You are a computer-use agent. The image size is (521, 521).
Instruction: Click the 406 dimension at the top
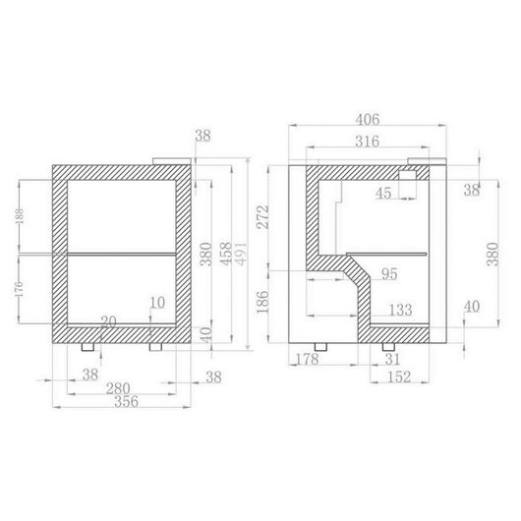368,120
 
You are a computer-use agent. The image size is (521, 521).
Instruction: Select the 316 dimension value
368,142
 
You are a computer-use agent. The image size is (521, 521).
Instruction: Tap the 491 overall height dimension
242,254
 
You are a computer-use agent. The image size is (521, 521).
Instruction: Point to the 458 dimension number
227,254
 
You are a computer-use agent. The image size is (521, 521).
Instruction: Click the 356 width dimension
126,402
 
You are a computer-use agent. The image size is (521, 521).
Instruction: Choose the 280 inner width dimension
118,388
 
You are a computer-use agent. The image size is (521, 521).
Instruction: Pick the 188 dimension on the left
20,216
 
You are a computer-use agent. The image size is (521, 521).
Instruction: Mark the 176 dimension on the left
20,289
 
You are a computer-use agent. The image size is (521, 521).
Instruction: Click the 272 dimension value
262,217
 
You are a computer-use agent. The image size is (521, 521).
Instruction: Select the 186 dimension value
262,302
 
